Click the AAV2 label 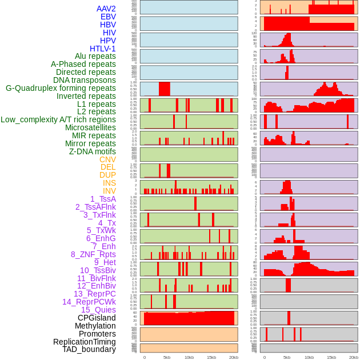[x=106, y=9]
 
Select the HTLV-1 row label [x=102, y=49]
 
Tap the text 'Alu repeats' [x=95, y=57]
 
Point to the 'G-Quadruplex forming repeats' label [x=61, y=88]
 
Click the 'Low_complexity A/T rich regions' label [x=58, y=119]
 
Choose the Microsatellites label [x=90, y=127]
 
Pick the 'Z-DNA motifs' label [x=92, y=151]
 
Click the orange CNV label [x=107, y=159]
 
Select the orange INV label [x=109, y=191]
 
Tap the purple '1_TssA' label [x=103, y=199]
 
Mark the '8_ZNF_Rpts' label [x=93, y=254]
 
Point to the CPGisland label [x=97, y=318]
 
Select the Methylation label [x=95, y=326]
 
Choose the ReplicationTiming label [x=84, y=342]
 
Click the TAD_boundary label [x=89, y=349]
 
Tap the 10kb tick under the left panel [x=189, y=357]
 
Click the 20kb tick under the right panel [x=354, y=357]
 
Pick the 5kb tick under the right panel [x=287, y=357]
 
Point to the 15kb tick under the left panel [x=211, y=357]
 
